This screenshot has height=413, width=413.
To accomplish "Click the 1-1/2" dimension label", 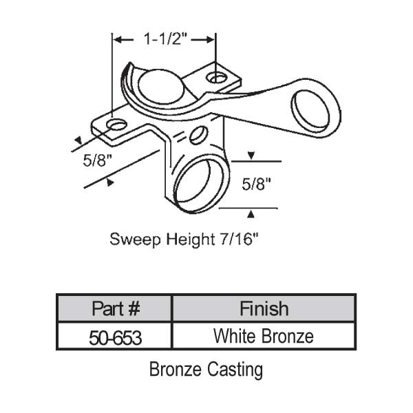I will (165, 40).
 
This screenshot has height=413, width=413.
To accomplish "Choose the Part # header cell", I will (114, 308).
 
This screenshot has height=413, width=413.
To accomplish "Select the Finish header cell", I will (264, 308).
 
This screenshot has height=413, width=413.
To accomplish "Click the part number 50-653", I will (114, 337).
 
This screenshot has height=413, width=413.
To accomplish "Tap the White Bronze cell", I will (264, 337).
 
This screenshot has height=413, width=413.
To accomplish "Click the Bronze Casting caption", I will (206, 370).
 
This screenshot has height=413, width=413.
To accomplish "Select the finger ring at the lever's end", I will (315, 107).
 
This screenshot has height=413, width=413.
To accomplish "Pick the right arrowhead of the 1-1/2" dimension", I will (211, 40).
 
